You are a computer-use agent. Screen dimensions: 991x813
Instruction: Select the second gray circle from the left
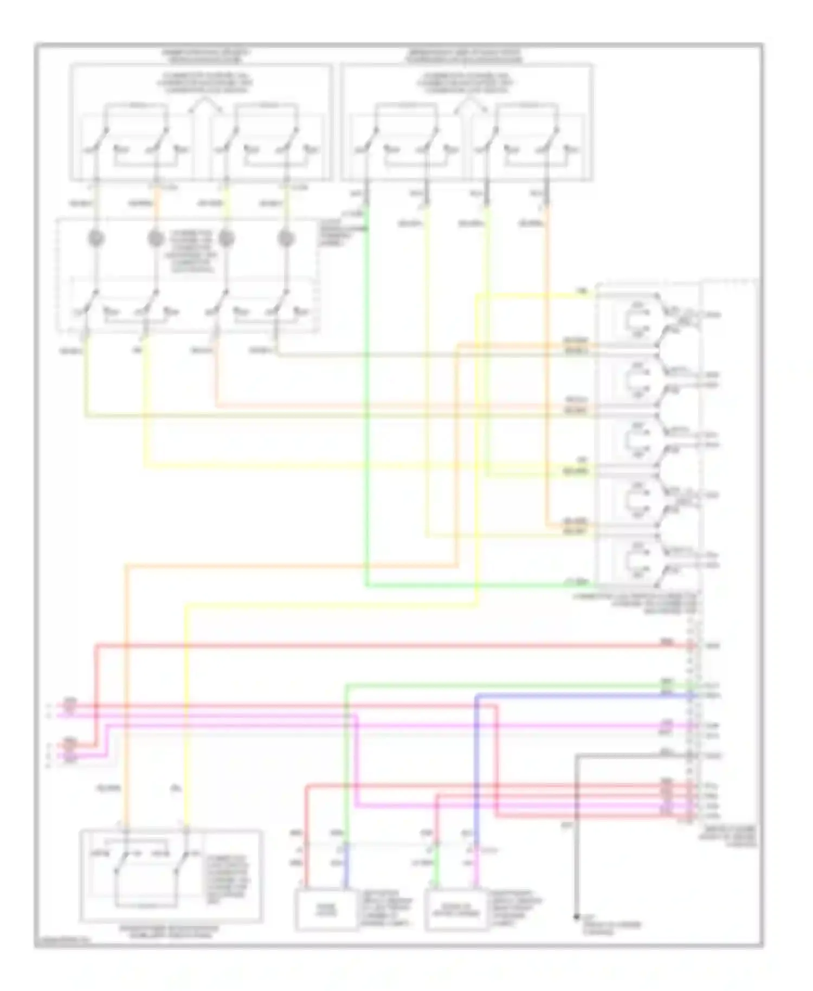coord(156,238)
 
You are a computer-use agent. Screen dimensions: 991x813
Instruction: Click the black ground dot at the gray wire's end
coord(576,917)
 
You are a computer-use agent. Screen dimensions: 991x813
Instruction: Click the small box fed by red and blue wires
coord(326,910)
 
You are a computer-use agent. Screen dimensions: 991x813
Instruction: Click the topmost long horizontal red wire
coord(379,645)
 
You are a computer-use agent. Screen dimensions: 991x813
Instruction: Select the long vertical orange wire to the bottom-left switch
coord(126,699)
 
